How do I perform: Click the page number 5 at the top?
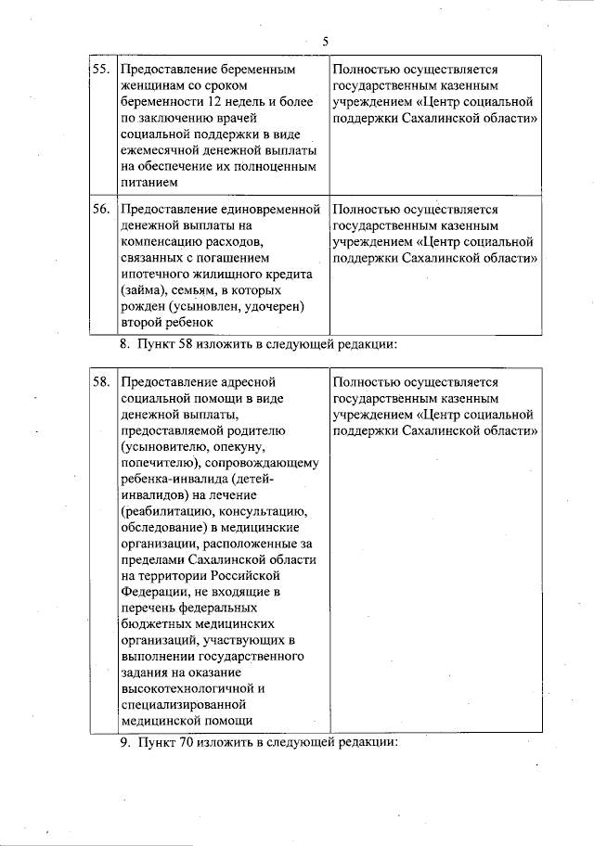point(326,41)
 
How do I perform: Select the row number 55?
point(101,70)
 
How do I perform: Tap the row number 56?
point(101,210)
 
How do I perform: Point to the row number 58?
point(101,382)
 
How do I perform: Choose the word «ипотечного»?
point(153,274)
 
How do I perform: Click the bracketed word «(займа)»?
point(142,290)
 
